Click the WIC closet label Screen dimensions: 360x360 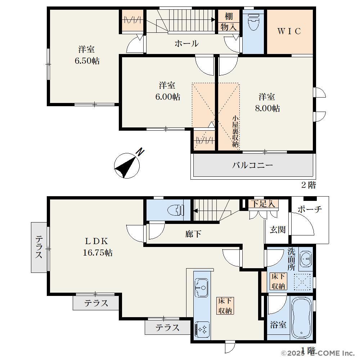(289, 31)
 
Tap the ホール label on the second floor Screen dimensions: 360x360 (186, 44)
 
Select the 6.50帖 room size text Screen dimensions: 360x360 (87, 61)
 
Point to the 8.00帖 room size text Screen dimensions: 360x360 (267, 108)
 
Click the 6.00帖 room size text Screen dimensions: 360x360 (168, 96)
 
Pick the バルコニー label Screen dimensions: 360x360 (252, 165)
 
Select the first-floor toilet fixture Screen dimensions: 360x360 (176, 210)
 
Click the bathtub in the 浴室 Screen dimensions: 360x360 (301, 318)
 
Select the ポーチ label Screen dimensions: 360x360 (310, 210)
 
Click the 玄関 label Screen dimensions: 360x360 (277, 229)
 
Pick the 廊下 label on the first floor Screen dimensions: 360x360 (193, 234)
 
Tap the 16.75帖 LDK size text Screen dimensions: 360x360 (98, 253)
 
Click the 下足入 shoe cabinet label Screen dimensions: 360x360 (263, 203)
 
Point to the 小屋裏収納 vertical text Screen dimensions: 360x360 (235, 131)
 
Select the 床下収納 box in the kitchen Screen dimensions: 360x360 (225, 306)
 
